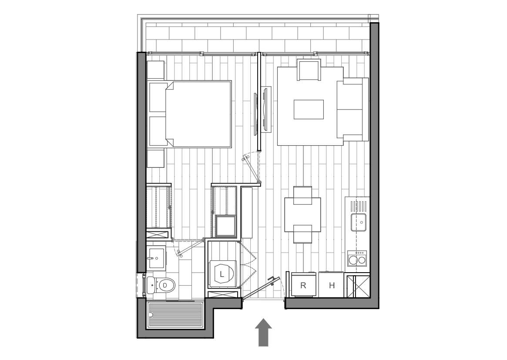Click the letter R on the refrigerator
click(x=303, y=285)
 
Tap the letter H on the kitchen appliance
click(x=332, y=285)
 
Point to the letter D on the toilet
click(x=165, y=285)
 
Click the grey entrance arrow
click(x=264, y=332)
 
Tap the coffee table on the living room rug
click(x=309, y=109)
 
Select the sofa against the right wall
click(x=353, y=109)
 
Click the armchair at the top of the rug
click(x=309, y=70)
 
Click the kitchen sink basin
click(x=359, y=222)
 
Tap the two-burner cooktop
click(x=357, y=258)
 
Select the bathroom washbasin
click(x=157, y=257)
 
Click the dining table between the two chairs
click(x=302, y=215)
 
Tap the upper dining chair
click(x=302, y=195)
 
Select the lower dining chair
click(x=302, y=234)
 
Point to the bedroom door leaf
click(x=252, y=168)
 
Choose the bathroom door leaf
click(x=191, y=247)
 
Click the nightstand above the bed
click(x=155, y=70)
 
